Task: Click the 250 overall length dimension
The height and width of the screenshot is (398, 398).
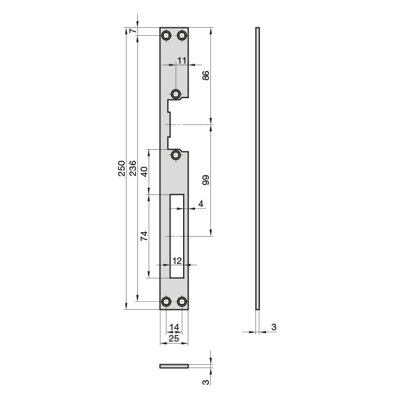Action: point(122,168)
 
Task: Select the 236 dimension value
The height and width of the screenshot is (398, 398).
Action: point(133,168)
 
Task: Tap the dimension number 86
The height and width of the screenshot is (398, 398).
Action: point(206,76)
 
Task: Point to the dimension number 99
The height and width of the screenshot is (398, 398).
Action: point(206,180)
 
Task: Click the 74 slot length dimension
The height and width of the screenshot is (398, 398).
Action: point(144,236)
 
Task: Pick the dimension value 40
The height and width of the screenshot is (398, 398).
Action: point(144,172)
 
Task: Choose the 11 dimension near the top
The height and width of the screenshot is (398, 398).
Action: point(182,60)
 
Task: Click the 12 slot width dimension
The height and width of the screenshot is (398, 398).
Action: point(177,261)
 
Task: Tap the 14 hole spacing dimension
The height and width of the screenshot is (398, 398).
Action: point(174,327)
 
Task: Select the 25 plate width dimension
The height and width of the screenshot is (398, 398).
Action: point(174,338)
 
